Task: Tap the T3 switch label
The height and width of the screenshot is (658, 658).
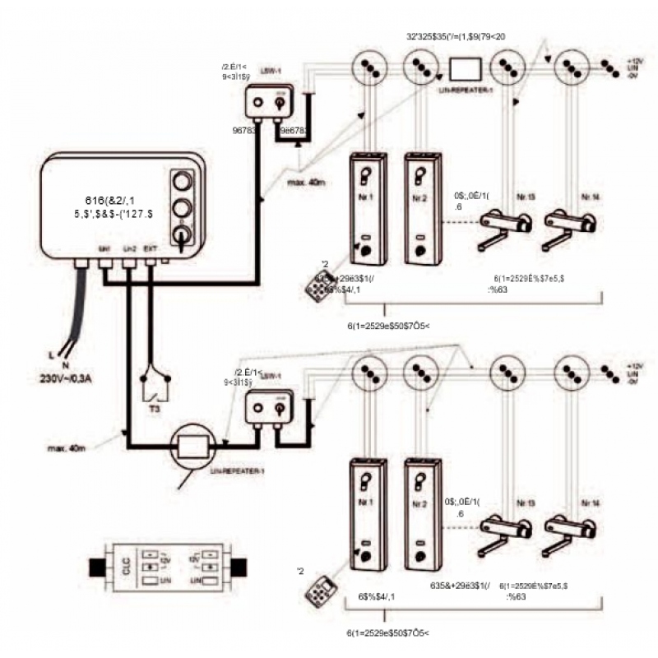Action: tap(155, 406)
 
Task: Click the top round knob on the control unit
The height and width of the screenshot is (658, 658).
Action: tap(182, 180)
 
